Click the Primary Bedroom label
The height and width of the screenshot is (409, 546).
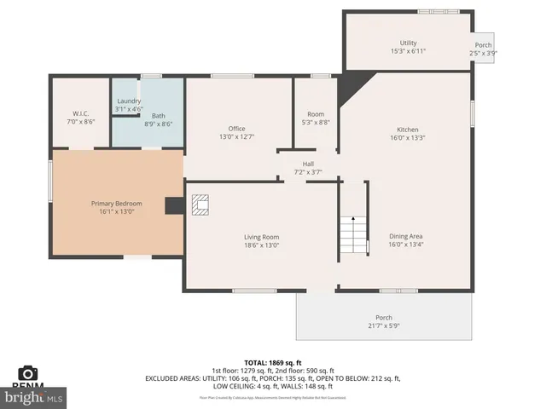pyautogui.click(x=117, y=204)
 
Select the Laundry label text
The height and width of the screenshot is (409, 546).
pyautogui.click(x=129, y=101)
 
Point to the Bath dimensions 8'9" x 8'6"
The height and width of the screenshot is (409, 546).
pyautogui.click(x=159, y=124)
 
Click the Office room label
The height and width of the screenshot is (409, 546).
pyautogui.click(x=236, y=129)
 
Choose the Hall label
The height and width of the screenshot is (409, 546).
pyautogui.click(x=309, y=164)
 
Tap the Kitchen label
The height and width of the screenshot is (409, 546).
pyautogui.click(x=407, y=129)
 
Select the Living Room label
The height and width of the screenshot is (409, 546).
pyautogui.click(x=261, y=237)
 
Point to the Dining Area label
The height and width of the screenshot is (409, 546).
pyautogui.click(x=406, y=236)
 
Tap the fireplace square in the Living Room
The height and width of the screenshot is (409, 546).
pyautogui.click(x=200, y=206)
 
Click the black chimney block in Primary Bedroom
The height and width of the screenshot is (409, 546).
pyautogui.click(x=174, y=205)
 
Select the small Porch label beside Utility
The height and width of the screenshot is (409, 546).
pyautogui.click(x=483, y=45)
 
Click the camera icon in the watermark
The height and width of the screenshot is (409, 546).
pyautogui.click(x=28, y=373)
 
